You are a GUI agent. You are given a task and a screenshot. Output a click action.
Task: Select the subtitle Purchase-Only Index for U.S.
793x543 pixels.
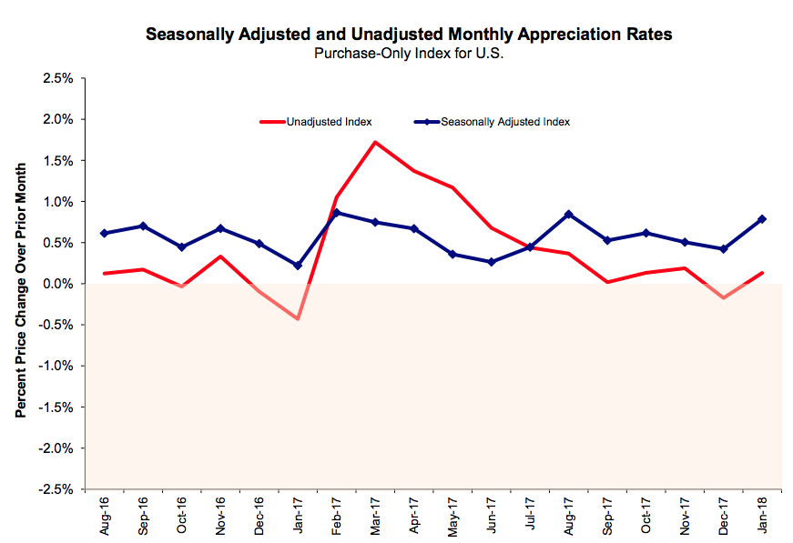click(408, 53)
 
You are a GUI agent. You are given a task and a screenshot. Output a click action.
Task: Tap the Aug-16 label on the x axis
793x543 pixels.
click(105, 515)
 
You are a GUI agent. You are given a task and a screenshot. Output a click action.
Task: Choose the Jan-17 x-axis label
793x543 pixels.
click(298, 515)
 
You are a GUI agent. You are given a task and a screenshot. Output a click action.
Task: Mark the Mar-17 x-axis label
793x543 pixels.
click(375, 515)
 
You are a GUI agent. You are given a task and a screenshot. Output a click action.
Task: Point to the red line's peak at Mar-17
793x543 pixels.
click(375, 142)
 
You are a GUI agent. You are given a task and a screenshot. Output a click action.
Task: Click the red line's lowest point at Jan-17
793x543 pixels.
click(298, 318)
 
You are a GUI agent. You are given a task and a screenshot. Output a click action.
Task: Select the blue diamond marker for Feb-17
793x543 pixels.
click(337, 213)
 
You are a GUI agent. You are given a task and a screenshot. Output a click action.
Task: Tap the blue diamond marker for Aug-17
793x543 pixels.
click(568, 215)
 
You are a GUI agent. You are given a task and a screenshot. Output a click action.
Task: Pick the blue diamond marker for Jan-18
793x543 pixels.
click(761, 219)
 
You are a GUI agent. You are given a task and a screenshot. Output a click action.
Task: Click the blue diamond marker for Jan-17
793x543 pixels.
click(298, 266)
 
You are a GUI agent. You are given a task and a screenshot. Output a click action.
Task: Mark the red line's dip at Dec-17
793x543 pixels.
click(723, 297)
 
